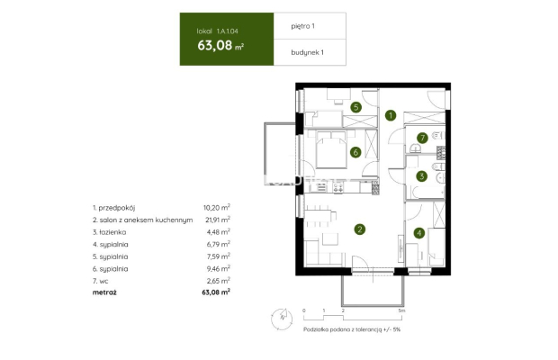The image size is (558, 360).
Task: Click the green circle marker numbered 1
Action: point(391,115)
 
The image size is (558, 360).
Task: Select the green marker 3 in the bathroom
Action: point(421,176)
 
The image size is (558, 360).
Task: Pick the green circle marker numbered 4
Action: point(418,233)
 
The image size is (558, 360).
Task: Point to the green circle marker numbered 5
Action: point(356,107)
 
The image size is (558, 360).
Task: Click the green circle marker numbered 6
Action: point(356,152)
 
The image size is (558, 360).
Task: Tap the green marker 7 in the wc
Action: point(421,138)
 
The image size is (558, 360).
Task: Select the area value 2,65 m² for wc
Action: point(220,280)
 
